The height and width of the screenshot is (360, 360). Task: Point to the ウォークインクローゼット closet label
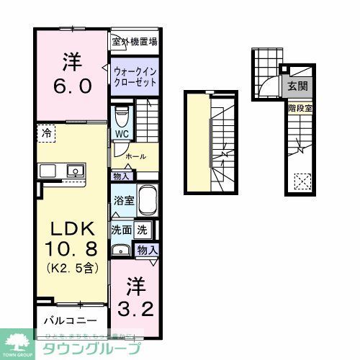coord(135,78)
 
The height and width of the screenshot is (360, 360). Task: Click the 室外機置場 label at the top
coord(135,42)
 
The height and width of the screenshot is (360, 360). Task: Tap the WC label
coord(120,134)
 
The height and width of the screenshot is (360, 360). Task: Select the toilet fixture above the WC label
coord(122,115)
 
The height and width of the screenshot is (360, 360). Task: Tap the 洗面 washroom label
coord(120,230)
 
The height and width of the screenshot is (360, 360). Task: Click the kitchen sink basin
coord(73,171)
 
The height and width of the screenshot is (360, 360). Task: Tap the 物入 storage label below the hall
coord(121,176)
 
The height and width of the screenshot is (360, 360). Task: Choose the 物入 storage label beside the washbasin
coord(147,249)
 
